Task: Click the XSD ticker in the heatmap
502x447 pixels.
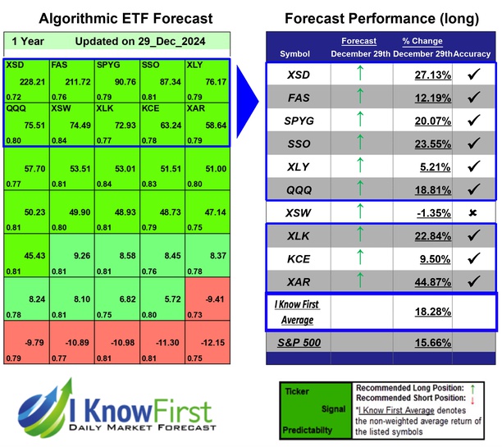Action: (x=15, y=65)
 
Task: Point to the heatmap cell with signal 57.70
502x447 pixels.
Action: (x=27, y=167)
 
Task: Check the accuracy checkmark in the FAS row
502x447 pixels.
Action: (x=472, y=98)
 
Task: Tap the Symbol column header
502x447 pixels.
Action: (x=295, y=53)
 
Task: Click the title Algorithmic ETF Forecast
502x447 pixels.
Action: (x=114, y=18)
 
